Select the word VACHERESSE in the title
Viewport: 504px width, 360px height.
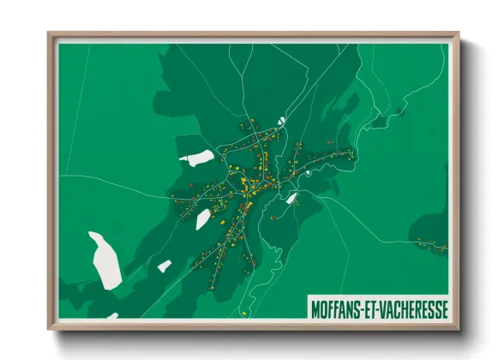(x=417, y=308)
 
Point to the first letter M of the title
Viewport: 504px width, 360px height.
(x=316, y=308)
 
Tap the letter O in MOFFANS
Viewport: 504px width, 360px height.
(x=326, y=308)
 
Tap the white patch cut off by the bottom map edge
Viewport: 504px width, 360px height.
(x=111, y=315)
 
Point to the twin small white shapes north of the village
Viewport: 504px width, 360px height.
(x=280, y=121)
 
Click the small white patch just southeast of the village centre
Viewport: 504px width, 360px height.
(x=291, y=199)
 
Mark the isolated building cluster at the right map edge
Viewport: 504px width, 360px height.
(x=430, y=243)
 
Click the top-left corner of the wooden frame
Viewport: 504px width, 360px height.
(x=49, y=33)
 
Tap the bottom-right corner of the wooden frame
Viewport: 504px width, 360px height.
(x=459, y=329)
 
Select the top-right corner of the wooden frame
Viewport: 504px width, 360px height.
(x=459, y=33)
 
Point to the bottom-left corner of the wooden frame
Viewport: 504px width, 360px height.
(x=49, y=329)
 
